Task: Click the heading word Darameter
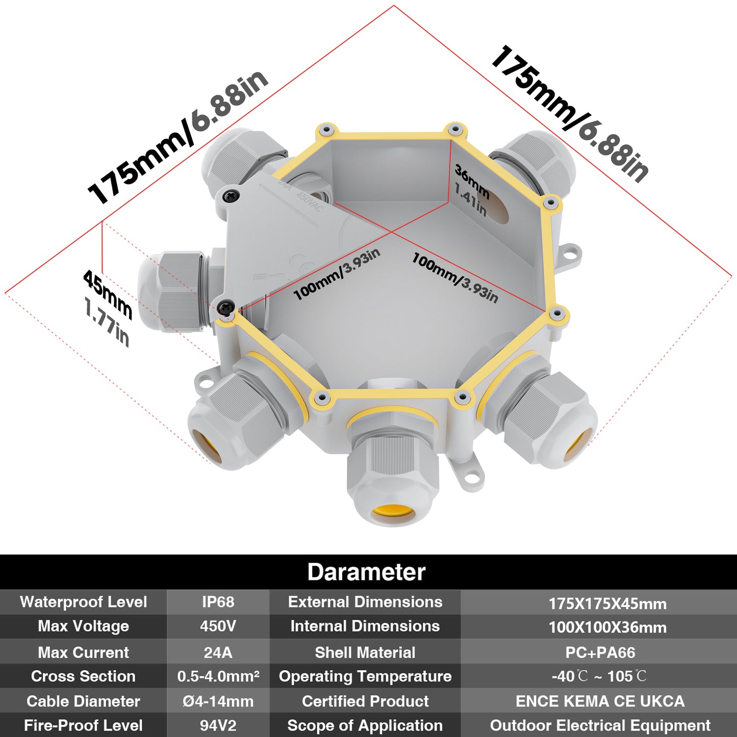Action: (x=366, y=572)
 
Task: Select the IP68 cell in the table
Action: (x=218, y=602)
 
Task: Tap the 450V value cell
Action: (x=218, y=626)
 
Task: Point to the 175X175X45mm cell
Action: (x=608, y=604)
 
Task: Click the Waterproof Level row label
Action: (x=83, y=602)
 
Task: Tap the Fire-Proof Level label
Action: (x=83, y=725)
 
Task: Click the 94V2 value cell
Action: (x=218, y=725)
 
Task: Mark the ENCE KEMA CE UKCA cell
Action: (x=600, y=701)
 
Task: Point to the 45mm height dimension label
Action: (x=108, y=294)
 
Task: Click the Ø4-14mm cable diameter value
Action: (x=218, y=701)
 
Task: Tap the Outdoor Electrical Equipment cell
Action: (x=600, y=725)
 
